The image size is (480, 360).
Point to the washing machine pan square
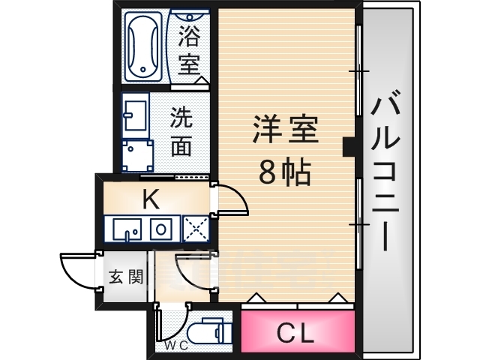tap(137, 155)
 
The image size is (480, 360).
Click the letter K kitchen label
tap(150, 199)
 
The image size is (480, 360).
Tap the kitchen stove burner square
tap(161, 229)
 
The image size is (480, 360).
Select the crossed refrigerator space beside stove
tap(194, 229)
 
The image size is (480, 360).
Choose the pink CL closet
tap(296, 331)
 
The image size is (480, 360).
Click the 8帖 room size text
tap(284, 173)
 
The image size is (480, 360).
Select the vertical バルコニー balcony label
tap(387, 173)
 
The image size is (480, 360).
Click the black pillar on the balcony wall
tap(349, 146)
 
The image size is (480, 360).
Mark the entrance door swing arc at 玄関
tap(76, 268)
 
